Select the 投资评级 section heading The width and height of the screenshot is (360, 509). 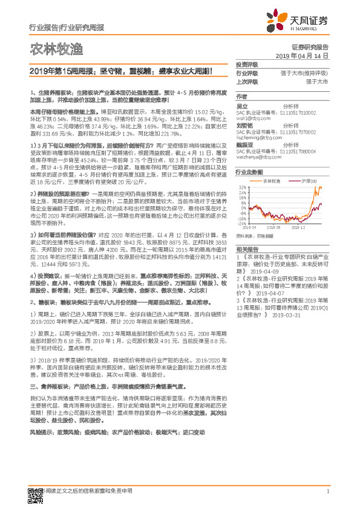coord(246,64)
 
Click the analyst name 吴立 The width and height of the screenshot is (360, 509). coord(241,105)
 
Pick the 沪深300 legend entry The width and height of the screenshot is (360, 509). coord(306,180)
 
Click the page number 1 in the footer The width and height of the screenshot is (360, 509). coord(327,491)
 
